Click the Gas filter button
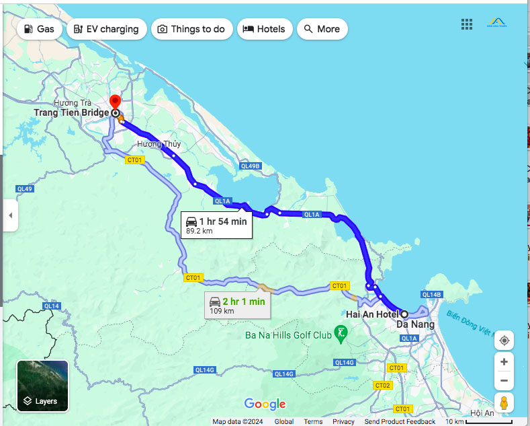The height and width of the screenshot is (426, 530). pos(38,29)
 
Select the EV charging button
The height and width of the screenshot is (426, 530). pos(106,29)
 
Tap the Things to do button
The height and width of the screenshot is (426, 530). pos(191,29)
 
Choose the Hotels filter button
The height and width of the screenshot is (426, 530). pos(264,29)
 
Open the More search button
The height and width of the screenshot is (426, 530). pos(322,29)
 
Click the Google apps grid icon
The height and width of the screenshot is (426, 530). pos(467,24)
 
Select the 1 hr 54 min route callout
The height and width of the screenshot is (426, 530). pos(216,225)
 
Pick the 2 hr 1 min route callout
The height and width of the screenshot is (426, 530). pos(236,305)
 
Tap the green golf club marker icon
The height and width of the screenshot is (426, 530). pos(341,333)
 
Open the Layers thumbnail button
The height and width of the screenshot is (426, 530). pos(42,386)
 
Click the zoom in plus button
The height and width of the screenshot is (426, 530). pos(504,362)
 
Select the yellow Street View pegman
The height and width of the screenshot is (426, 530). pos(504,403)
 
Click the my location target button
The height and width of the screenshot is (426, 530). pos(504,341)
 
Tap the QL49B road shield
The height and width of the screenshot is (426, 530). pos(249,166)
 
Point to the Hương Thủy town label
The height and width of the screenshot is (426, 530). pos(159,145)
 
